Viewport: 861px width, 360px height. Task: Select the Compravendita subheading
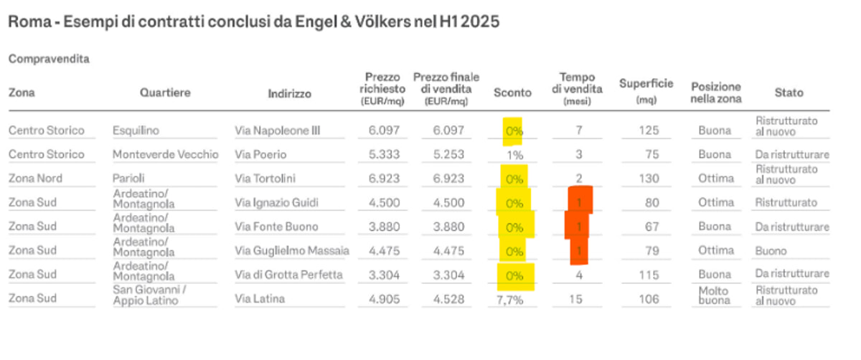49,60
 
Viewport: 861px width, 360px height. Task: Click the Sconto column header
512,93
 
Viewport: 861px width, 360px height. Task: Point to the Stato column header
789,93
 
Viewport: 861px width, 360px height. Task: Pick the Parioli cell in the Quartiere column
128,179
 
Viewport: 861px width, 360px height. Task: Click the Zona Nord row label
35,179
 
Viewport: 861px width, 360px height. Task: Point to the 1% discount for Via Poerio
514,154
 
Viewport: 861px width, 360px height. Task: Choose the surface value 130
648,179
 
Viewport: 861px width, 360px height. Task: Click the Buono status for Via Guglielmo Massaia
771,251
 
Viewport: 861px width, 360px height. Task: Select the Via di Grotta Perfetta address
288,275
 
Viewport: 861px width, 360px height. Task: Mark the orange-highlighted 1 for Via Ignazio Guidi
579,203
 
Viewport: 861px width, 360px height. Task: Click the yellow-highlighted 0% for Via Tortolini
514,179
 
